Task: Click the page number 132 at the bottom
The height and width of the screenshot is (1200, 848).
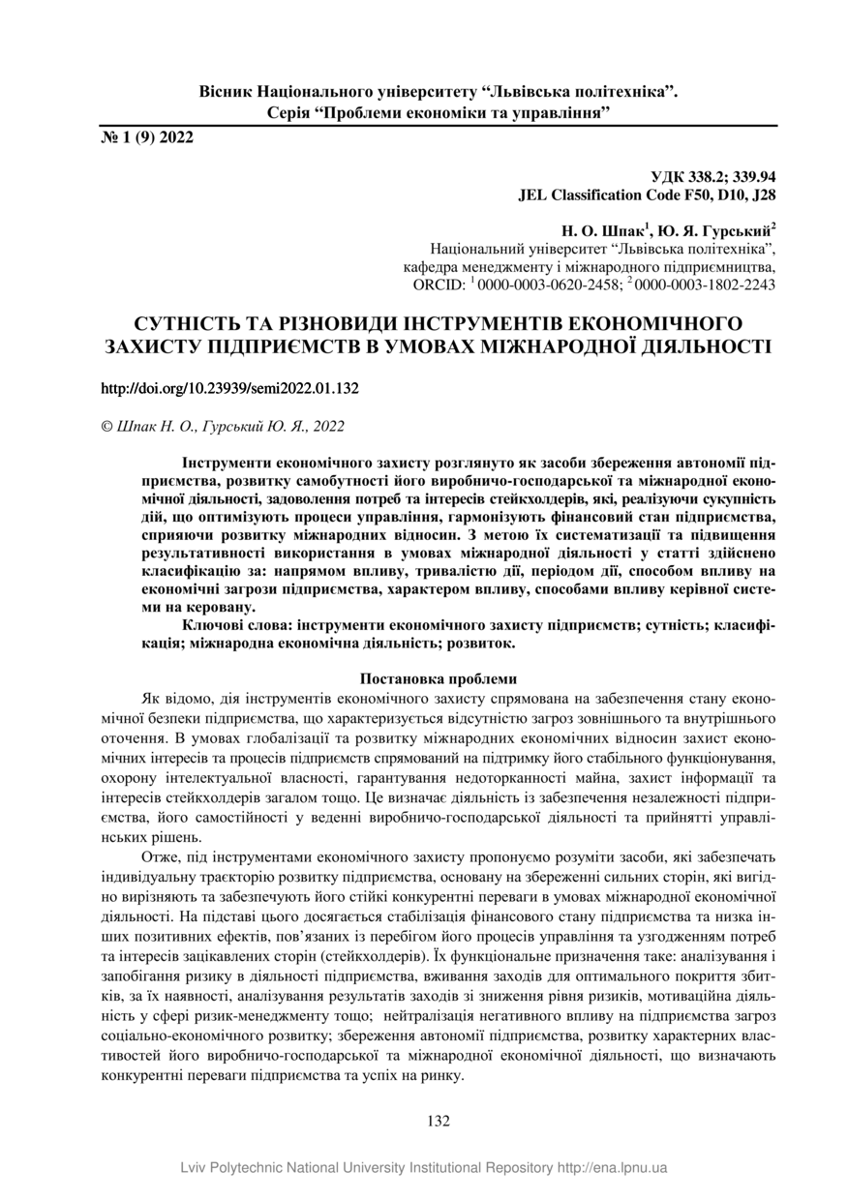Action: [439, 1122]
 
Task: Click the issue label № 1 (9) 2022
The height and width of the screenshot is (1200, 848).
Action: [147, 137]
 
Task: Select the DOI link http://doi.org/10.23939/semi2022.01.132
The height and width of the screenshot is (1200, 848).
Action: [230, 388]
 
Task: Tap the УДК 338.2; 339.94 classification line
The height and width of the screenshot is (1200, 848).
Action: [713, 177]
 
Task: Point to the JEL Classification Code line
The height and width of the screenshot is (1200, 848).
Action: [648, 195]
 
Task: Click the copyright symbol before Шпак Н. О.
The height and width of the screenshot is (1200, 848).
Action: [106, 426]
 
